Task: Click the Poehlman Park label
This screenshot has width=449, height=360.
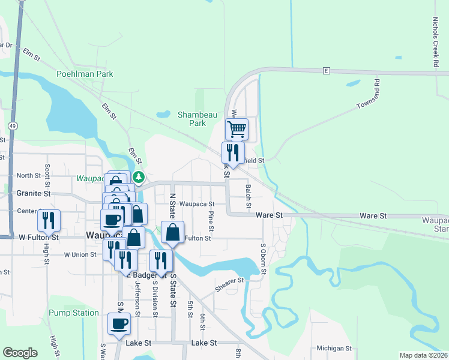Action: point(85,74)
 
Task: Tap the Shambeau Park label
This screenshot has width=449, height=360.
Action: point(192,118)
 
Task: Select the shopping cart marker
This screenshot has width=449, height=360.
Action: point(237,128)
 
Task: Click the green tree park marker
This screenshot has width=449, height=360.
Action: point(139,177)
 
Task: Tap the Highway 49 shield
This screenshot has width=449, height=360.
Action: point(12,125)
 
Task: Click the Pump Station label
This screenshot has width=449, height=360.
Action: point(73,313)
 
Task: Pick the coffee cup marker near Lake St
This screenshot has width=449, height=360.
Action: point(118,323)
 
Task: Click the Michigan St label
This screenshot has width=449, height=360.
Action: point(334,348)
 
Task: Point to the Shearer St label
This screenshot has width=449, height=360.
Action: point(231,284)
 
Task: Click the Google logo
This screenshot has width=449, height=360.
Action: point(20,353)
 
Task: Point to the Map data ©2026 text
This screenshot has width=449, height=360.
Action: point(423,355)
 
